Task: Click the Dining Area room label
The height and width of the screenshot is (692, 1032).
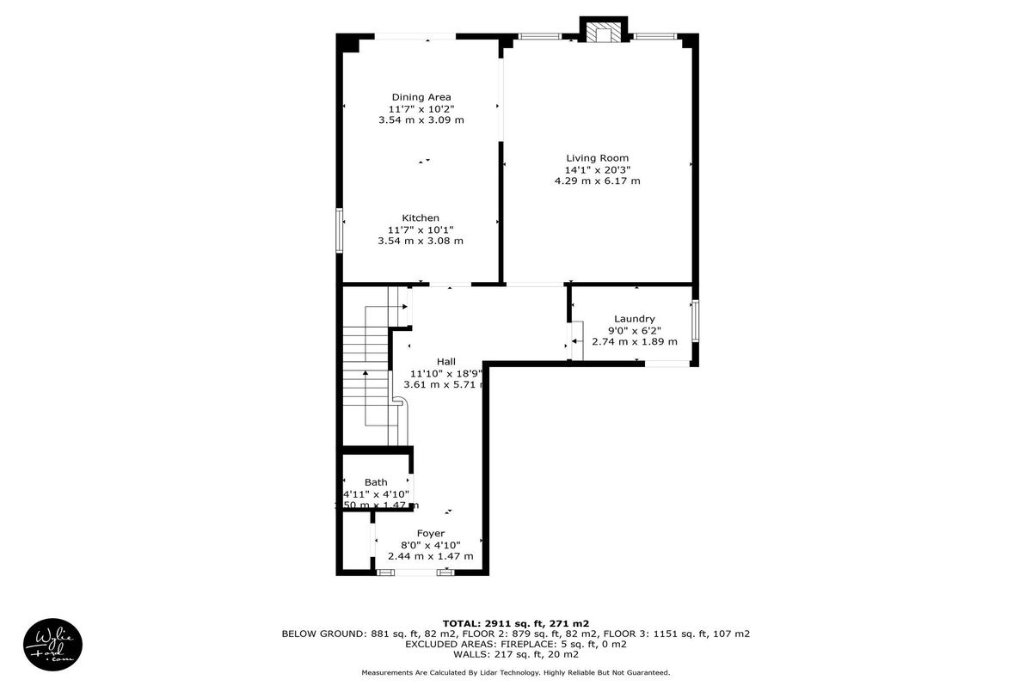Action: tap(421, 97)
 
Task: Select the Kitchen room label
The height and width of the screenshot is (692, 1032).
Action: tap(421, 218)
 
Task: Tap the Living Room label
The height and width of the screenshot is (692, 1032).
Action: tap(597, 158)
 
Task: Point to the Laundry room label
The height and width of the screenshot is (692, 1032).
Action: tap(634, 319)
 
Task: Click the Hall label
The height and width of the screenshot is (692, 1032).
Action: tap(445, 362)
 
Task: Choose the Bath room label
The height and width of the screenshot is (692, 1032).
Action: tap(376, 482)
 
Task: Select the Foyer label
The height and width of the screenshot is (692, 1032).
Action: tap(430, 534)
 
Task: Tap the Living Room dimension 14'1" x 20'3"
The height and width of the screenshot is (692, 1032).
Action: tap(597, 169)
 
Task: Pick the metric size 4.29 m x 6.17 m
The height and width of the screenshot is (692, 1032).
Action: tap(597, 181)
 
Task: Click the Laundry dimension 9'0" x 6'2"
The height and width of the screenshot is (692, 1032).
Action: tap(634, 330)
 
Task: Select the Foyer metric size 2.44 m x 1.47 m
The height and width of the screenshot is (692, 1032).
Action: tap(430, 556)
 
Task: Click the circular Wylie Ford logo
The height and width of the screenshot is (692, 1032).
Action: tap(52, 643)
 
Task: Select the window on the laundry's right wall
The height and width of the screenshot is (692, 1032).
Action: tap(695, 321)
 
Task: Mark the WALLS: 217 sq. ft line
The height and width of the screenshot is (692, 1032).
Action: tap(516, 654)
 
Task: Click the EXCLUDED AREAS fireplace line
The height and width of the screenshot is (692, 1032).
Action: tap(516, 644)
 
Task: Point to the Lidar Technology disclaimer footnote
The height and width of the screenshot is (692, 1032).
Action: tap(516, 672)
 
